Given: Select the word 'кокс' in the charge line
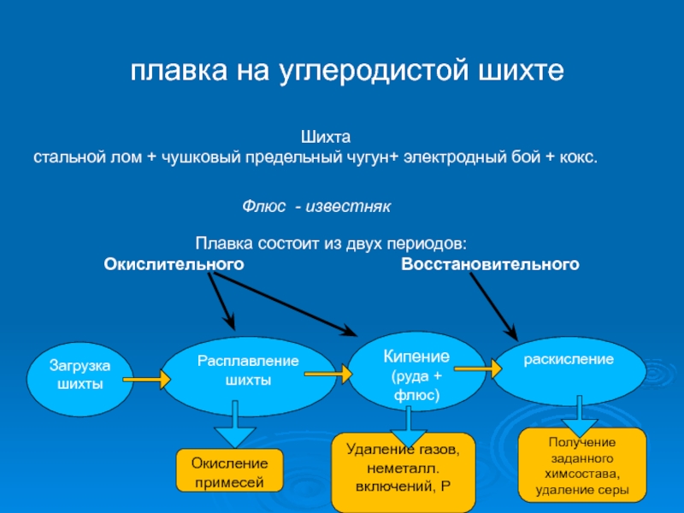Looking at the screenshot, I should [x=577, y=159].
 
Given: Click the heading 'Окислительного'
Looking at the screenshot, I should [x=174, y=265].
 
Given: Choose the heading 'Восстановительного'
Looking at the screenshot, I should [x=490, y=265].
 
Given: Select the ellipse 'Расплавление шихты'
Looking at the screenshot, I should [x=248, y=376].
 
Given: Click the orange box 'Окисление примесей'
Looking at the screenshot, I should [x=230, y=472].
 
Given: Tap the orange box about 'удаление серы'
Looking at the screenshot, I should [x=582, y=465].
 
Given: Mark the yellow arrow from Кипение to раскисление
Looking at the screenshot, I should [x=476, y=369].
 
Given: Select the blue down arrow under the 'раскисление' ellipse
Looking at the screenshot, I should [x=580, y=416].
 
